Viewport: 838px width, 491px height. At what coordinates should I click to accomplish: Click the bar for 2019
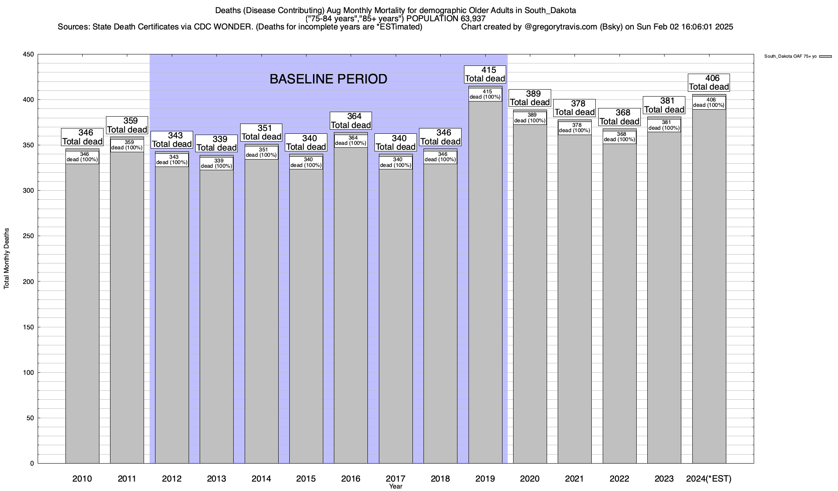[x=485, y=282]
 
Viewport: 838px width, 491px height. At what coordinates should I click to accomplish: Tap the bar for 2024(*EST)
[x=709, y=286]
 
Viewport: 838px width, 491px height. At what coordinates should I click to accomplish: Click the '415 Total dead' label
[x=485, y=74]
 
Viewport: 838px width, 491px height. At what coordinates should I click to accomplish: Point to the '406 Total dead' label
[x=709, y=82]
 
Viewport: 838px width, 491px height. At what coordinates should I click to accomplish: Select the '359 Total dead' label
[x=127, y=125]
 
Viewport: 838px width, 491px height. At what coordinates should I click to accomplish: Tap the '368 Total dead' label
[x=619, y=117]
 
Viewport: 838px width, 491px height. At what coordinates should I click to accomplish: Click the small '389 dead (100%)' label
[x=530, y=118]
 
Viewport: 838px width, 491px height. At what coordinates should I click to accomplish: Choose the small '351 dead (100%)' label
[x=261, y=152]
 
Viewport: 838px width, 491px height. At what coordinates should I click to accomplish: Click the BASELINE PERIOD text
[x=328, y=79]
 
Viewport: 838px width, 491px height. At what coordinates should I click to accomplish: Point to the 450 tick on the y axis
[x=30, y=54]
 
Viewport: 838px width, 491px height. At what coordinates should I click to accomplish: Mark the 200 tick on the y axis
[x=30, y=282]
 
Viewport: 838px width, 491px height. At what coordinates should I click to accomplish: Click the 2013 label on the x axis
[x=216, y=479]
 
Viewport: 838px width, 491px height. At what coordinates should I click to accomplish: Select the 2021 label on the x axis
[x=574, y=479]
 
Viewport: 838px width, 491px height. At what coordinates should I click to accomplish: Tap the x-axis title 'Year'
[x=396, y=486]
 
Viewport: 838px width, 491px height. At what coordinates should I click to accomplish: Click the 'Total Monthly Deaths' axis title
[x=7, y=259]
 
